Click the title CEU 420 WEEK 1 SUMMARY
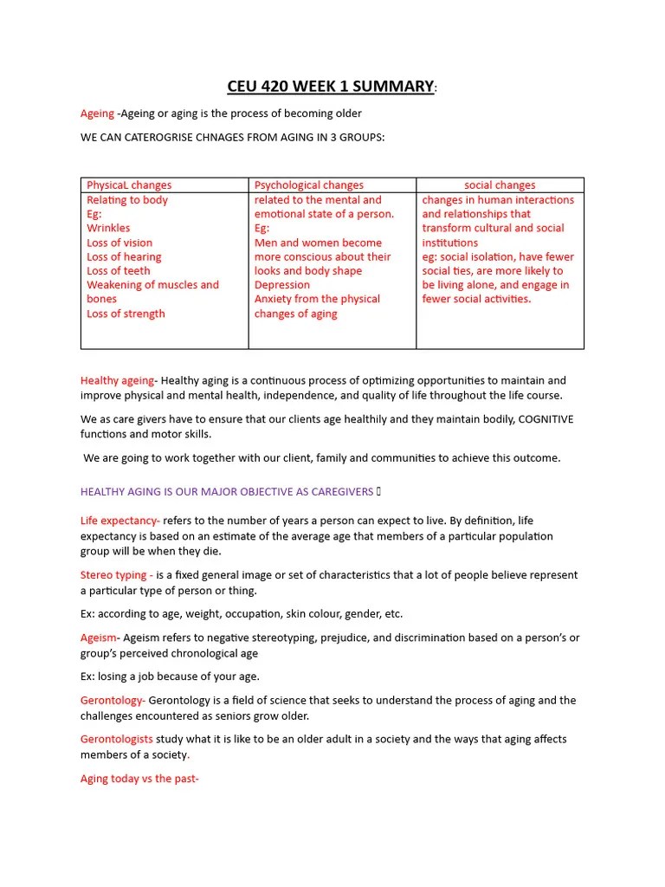pos(331,86)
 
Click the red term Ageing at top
pos(97,113)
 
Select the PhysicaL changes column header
pos(129,185)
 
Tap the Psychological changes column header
pos(309,185)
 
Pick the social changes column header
pos(500,185)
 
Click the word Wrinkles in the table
pos(108,228)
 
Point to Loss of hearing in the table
pos(124,256)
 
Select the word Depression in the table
pos(281,285)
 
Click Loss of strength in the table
pos(126,314)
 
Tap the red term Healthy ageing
pos(117,380)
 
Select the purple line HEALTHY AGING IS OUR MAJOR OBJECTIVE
pos(227,492)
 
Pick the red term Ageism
pos(98,638)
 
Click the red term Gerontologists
pos(117,739)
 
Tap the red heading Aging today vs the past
pos(139,779)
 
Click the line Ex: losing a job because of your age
pos(170,677)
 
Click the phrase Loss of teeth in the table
pos(119,270)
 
